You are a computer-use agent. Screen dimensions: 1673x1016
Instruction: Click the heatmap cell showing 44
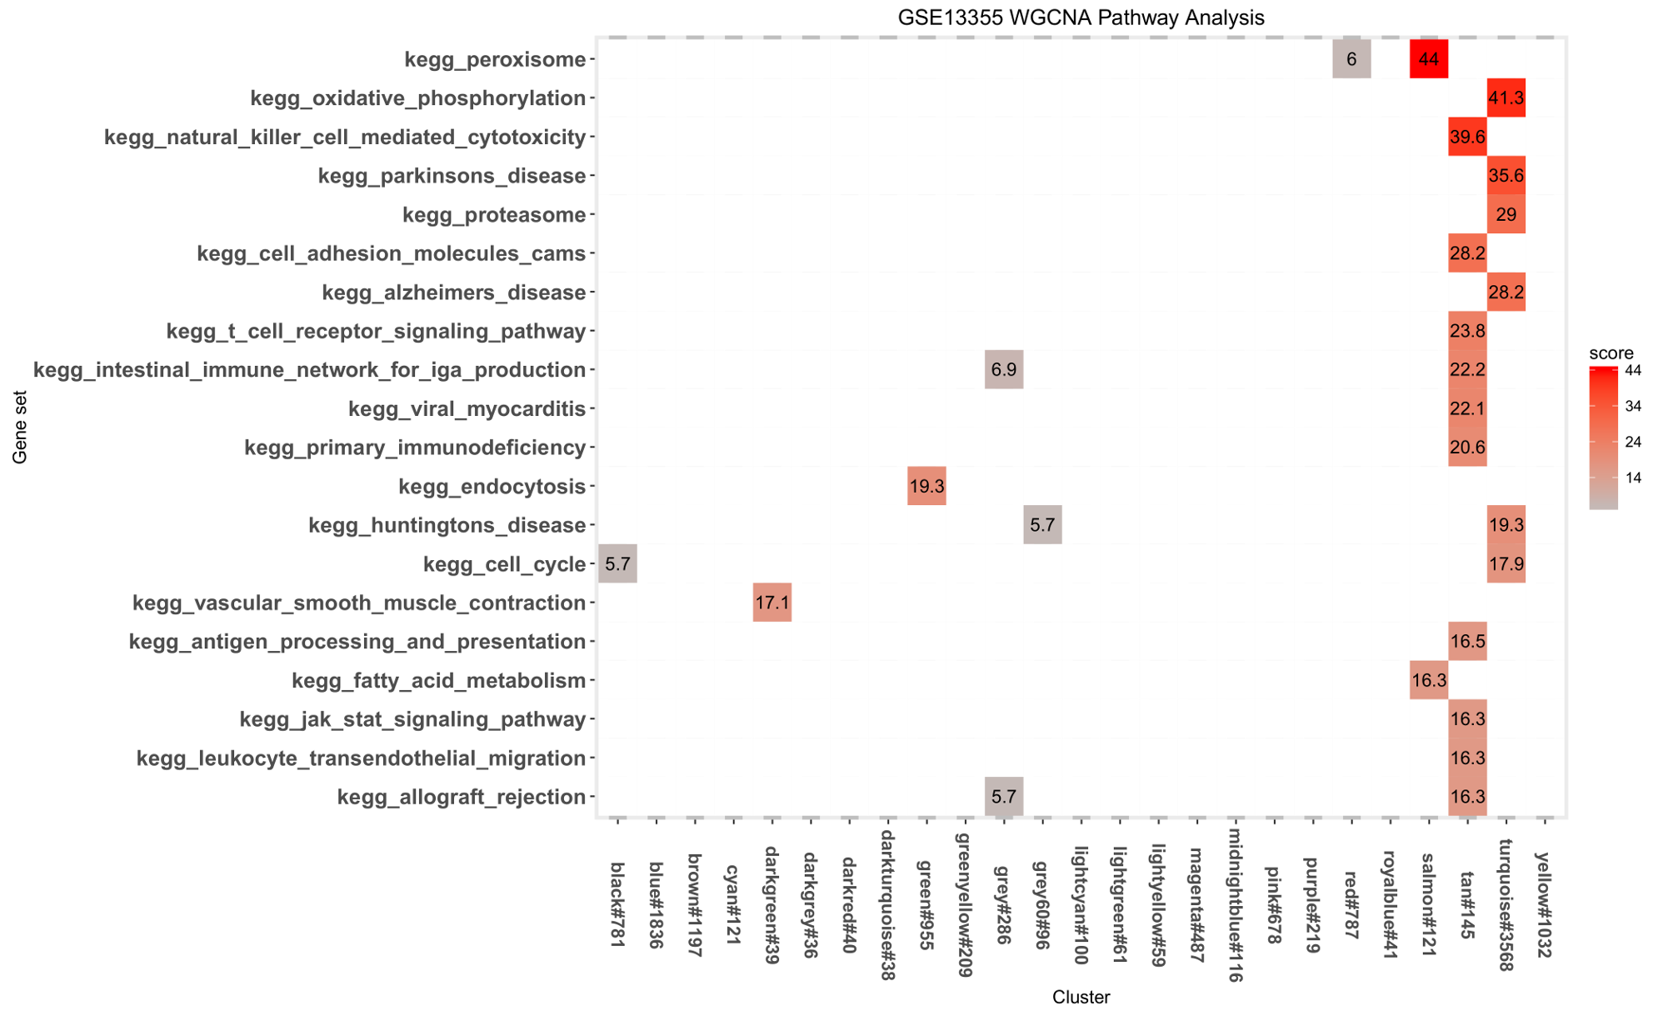coord(1428,59)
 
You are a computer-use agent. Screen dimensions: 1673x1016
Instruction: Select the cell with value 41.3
coord(1506,98)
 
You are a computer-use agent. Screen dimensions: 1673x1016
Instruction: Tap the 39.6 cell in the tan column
coord(1467,137)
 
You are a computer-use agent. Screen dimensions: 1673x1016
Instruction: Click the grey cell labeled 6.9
coord(1004,369)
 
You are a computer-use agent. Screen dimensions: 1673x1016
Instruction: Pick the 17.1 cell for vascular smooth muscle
coord(772,603)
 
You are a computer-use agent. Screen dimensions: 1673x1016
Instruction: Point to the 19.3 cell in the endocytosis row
coord(926,486)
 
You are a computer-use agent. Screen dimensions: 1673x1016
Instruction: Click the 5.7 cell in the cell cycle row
coord(617,563)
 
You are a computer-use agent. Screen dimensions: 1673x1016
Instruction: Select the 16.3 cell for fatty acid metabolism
coord(1428,680)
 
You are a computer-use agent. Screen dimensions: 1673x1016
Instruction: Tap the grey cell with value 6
coord(1351,59)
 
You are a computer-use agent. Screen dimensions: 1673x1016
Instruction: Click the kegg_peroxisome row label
coord(495,60)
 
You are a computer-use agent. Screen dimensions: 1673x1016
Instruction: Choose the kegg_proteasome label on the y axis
coord(494,215)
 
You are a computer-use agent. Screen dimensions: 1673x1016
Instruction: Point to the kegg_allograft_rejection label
coord(462,798)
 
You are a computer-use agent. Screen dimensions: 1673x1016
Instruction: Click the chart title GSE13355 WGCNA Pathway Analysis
coord(1081,17)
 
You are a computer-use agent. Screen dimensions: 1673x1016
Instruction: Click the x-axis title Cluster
coord(1081,997)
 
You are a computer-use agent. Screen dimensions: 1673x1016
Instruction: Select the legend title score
coord(1611,353)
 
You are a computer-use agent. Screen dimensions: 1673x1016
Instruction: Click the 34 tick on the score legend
coord(1633,406)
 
